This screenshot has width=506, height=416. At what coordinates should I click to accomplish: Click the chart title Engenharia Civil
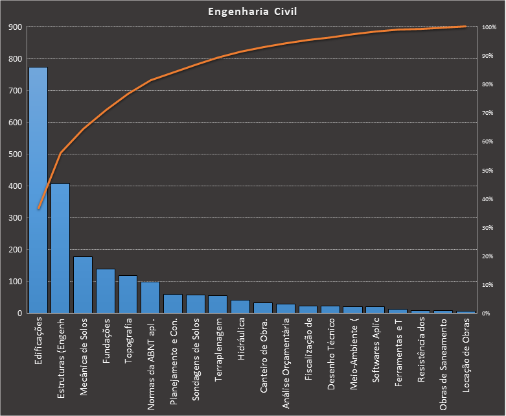click(x=253, y=12)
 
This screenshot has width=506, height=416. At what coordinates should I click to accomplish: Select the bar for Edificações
click(x=38, y=190)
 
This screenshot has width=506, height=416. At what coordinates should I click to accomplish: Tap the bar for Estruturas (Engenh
click(x=60, y=248)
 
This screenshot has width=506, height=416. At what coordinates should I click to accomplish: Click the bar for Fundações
click(x=106, y=291)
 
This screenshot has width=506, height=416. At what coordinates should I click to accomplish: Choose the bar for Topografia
click(x=128, y=294)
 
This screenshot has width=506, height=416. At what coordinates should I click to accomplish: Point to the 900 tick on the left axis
click(x=14, y=27)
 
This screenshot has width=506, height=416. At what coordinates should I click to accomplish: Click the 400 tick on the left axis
click(x=14, y=186)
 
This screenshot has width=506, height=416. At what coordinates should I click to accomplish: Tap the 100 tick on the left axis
click(x=14, y=282)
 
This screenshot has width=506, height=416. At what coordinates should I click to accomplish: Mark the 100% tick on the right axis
click(x=489, y=27)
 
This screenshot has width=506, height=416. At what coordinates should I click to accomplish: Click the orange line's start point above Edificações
click(x=38, y=208)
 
